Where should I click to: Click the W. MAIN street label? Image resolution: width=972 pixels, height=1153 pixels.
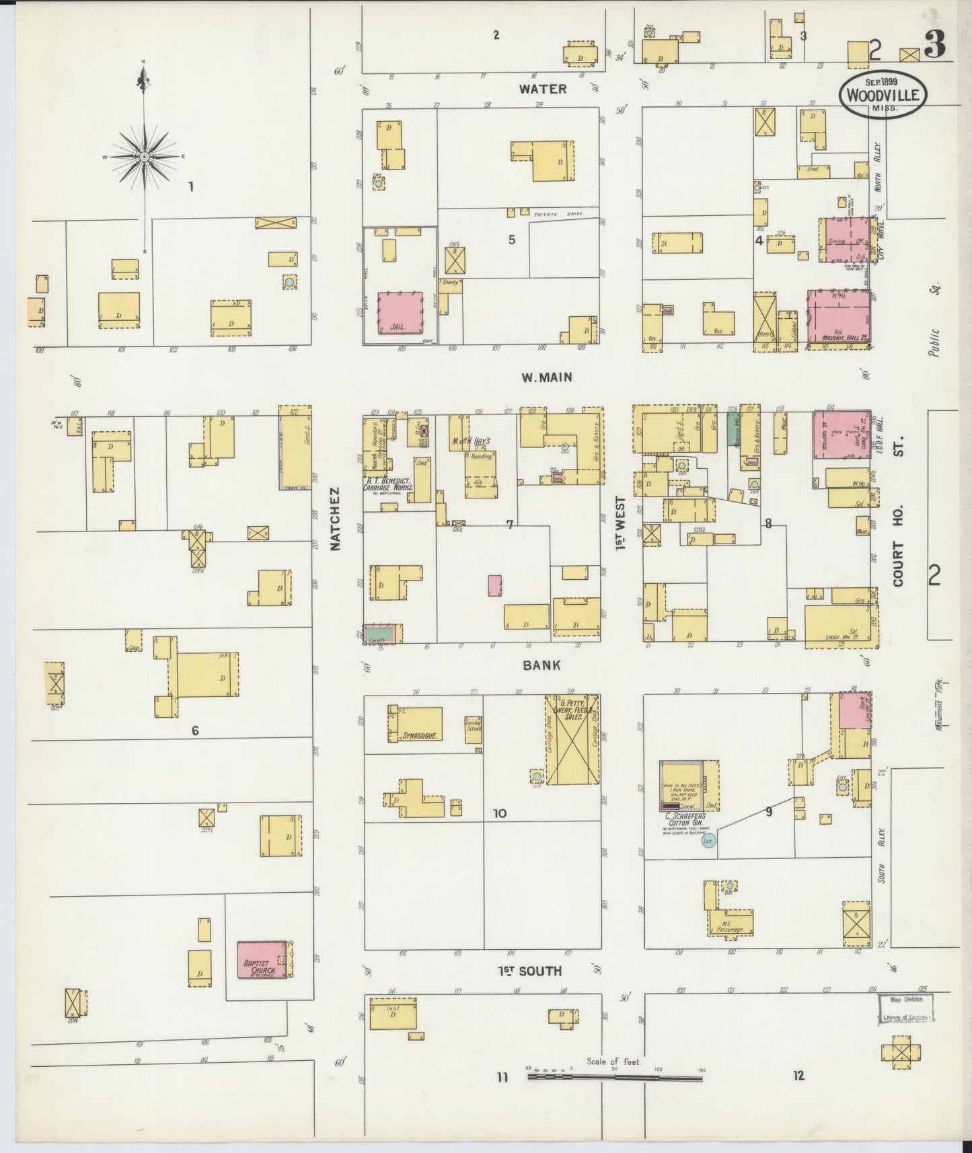click(546, 377)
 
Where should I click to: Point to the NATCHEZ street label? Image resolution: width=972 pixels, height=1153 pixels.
click(336, 519)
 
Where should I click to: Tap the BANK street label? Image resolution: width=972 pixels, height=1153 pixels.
click(541, 665)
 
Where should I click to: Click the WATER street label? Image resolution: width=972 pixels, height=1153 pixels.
click(543, 89)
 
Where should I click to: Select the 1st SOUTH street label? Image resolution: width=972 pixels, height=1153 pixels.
click(530, 971)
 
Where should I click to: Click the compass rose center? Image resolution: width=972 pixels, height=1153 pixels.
click(144, 157)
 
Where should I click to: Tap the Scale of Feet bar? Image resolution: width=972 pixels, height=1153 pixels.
click(615, 1077)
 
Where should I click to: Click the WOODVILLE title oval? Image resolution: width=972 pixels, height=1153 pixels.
click(882, 96)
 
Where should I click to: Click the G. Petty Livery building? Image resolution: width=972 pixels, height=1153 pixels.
click(572, 740)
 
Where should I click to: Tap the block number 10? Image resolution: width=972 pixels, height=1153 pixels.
click(499, 813)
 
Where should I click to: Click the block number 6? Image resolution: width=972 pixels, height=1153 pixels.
click(195, 731)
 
